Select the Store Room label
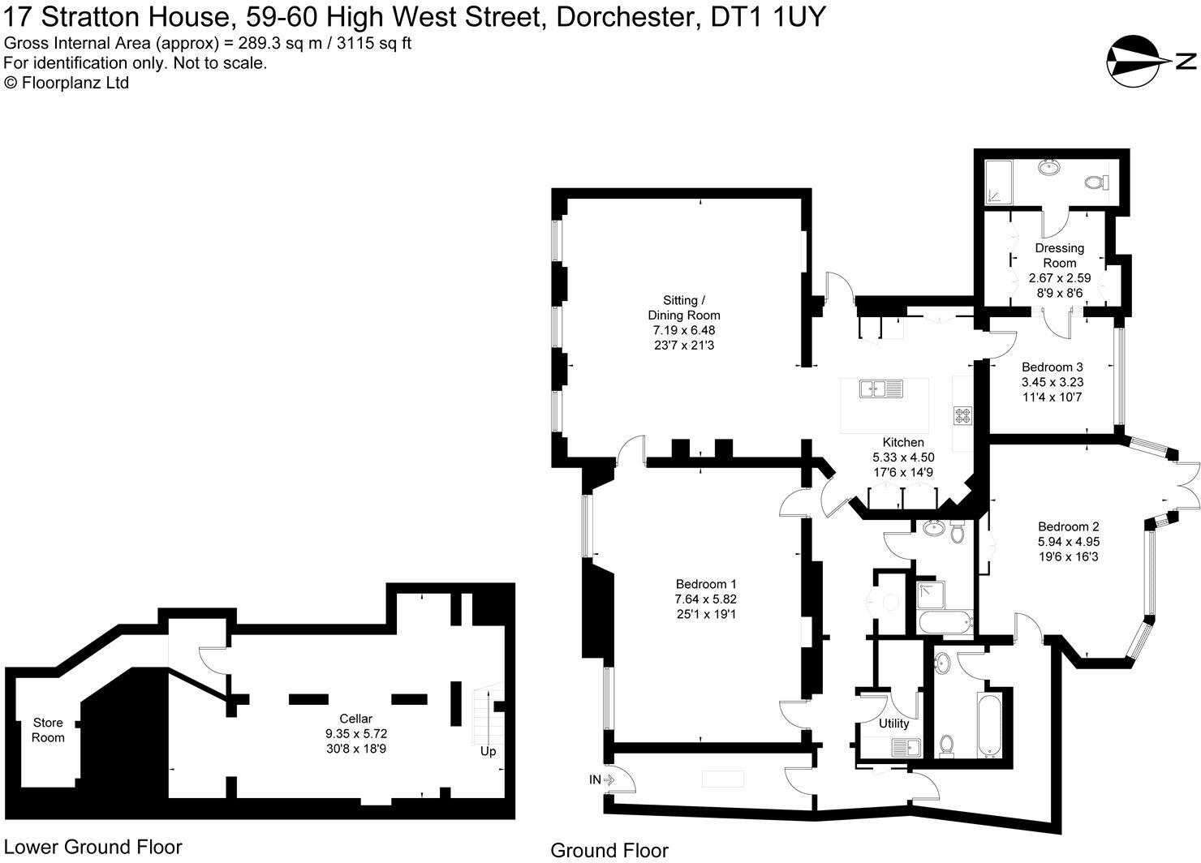48,730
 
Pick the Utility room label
893,723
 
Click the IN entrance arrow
602,779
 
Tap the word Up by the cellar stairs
488,751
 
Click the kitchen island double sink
880,389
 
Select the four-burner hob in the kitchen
962,414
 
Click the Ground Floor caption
609,850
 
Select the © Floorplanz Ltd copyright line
67,82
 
